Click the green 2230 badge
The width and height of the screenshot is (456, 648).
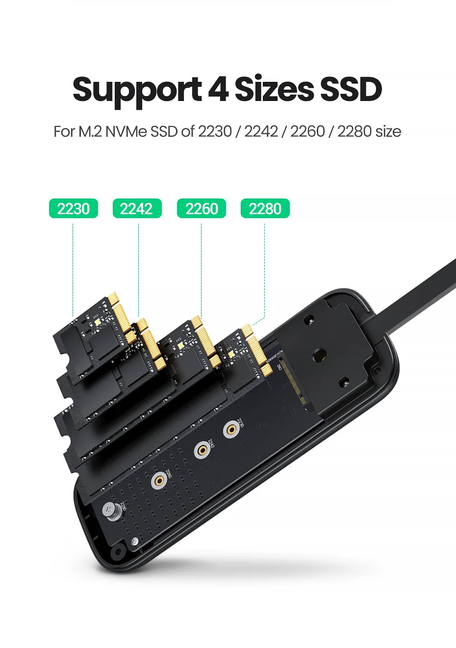pos(74,208)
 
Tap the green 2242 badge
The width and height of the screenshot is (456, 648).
pos(137,208)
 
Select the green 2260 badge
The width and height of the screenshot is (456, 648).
pos(201,208)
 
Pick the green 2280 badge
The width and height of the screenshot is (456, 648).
pos(265,208)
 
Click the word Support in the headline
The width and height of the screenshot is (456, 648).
pos(137,90)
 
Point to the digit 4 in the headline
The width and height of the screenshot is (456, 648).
pos(218,89)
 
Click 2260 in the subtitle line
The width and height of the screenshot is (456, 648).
pos(307,131)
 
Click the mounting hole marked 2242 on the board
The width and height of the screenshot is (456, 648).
pos(201,450)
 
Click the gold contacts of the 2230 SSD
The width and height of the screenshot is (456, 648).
pos(121,314)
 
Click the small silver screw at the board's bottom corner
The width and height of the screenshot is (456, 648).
pos(135,541)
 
